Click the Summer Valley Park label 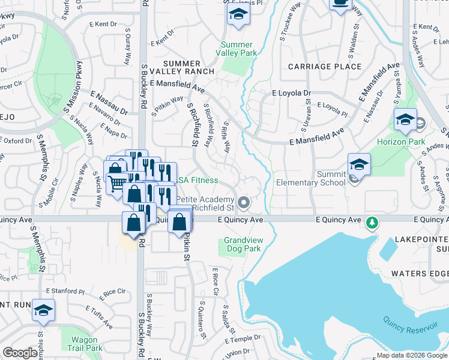(238, 49)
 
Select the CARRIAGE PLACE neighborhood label (324, 66)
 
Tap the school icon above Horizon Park (406, 119)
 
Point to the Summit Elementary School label (310, 178)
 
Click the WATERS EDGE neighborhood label (420, 274)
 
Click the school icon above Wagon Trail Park (43, 310)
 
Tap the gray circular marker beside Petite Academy (243, 203)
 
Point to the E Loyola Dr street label (291, 94)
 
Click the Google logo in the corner (20, 353)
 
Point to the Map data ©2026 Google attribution (411, 355)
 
